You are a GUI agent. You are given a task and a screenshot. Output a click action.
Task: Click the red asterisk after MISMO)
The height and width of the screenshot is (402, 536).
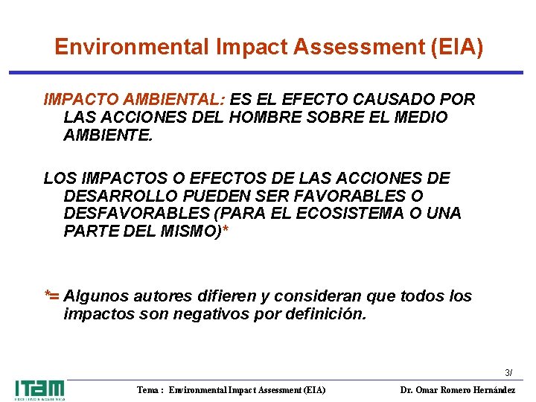226,230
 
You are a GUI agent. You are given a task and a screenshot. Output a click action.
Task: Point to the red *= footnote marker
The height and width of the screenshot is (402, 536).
52,296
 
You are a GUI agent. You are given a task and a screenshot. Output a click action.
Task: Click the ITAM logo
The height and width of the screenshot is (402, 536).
39,389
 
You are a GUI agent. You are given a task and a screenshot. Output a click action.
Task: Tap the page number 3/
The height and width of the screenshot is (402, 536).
508,372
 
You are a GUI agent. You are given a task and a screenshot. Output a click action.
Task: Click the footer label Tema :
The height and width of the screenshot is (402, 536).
151,390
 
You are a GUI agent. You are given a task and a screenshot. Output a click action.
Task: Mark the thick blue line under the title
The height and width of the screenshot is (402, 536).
268,72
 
